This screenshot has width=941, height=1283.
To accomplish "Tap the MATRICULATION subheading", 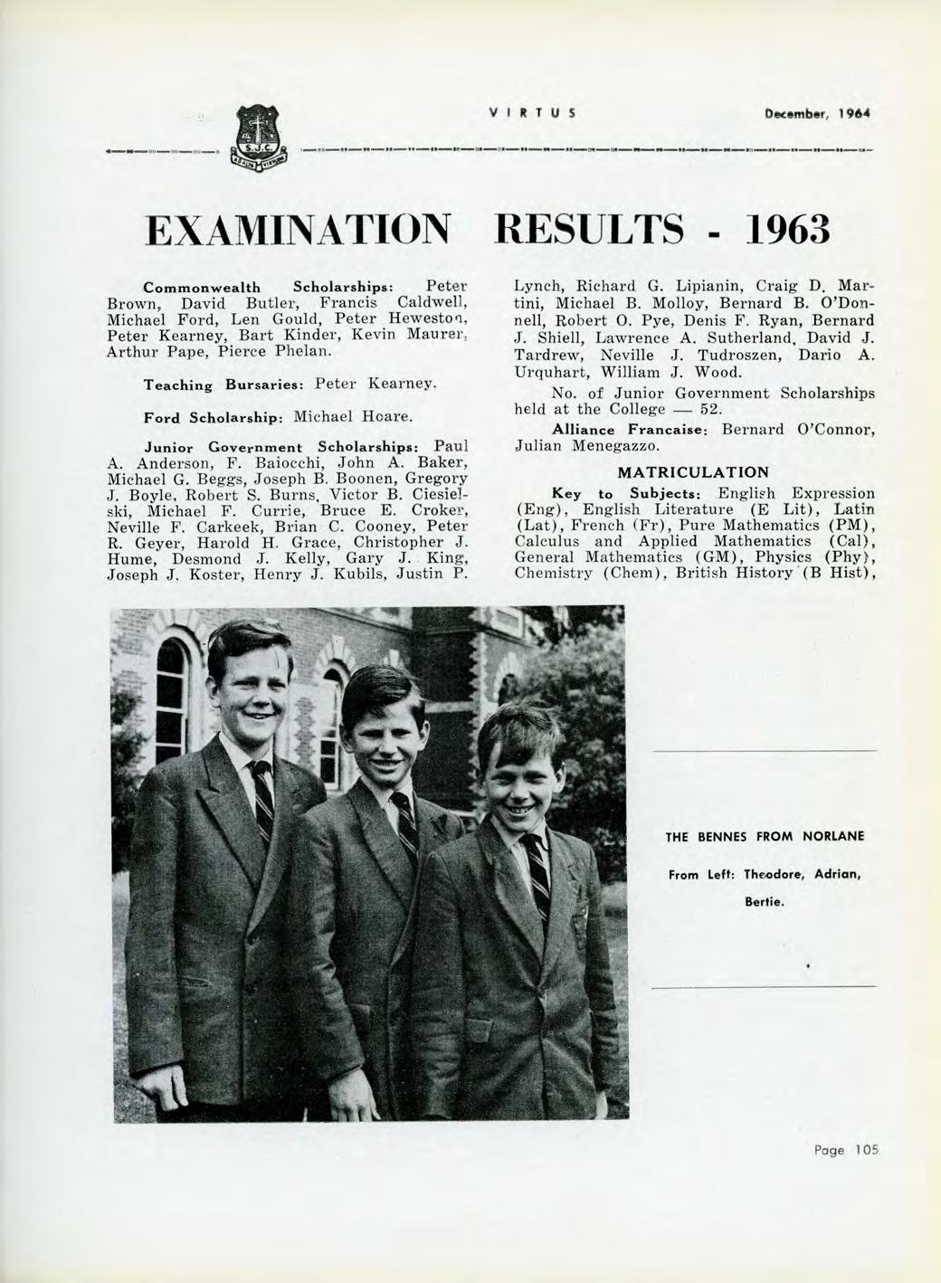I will [693, 472].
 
